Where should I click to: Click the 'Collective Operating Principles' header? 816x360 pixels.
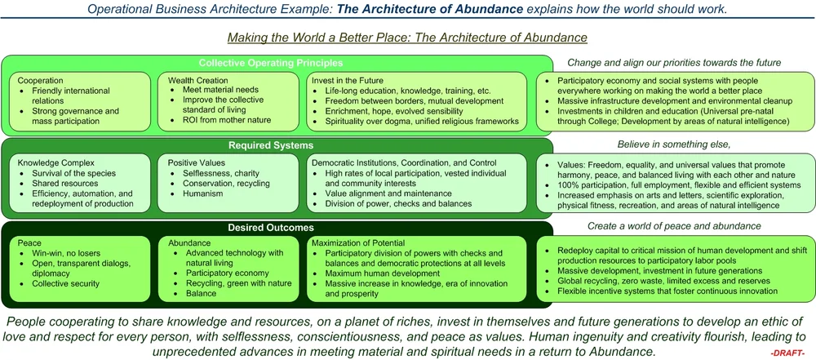(x=271, y=63)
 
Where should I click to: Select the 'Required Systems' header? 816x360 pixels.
(x=271, y=146)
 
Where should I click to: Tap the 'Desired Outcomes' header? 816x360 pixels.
(x=271, y=229)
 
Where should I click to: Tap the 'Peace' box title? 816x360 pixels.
(x=31, y=242)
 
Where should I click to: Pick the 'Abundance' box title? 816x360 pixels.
(x=190, y=242)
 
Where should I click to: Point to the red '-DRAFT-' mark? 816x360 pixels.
(x=787, y=352)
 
